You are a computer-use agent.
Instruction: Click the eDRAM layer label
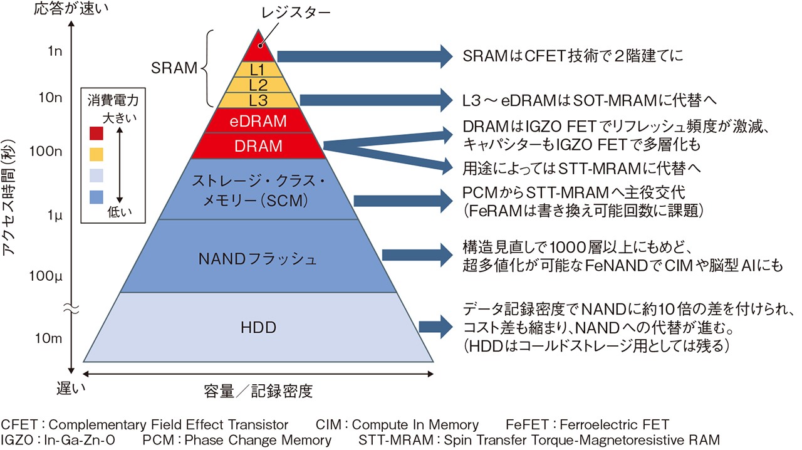259,120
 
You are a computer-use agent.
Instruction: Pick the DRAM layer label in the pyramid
259,146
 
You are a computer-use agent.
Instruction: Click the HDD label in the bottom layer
258,328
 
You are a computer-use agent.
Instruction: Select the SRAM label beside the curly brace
179,68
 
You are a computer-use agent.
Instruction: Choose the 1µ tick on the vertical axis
55,215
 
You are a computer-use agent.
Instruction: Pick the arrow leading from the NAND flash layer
417,254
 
